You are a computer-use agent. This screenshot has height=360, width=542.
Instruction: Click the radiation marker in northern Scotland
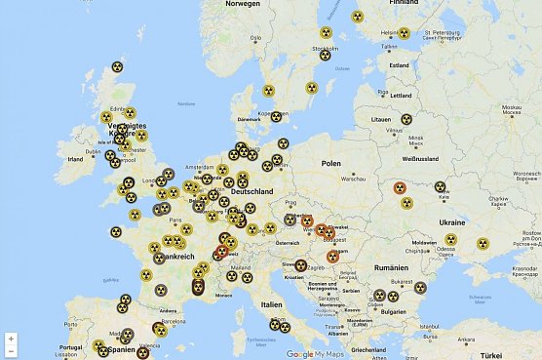click(117, 67)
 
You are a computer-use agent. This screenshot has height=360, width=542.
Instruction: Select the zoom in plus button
click(11, 339)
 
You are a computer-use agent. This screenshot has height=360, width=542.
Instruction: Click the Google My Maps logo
click(314, 353)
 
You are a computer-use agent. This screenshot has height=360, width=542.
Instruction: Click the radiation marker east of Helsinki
click(403, 32)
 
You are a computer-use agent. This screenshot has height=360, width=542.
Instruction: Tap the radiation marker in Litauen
click(406, 119)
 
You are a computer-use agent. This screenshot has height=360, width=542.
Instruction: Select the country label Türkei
click(509, 353)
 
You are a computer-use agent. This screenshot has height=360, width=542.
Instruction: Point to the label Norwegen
click(243, 3)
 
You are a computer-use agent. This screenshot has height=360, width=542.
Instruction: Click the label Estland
click(399, 65)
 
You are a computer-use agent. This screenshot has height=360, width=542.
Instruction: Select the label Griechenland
click(368, 349)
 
